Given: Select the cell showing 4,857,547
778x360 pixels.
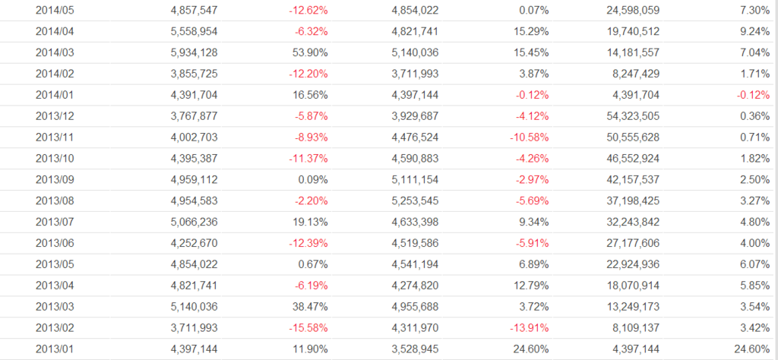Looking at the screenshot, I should [x=193, y=10].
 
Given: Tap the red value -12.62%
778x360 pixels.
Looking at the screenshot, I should [x=308, y=10].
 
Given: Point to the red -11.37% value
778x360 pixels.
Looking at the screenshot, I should [x=308, y=159].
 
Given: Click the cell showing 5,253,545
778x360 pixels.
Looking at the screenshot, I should [x=415, y=201].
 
